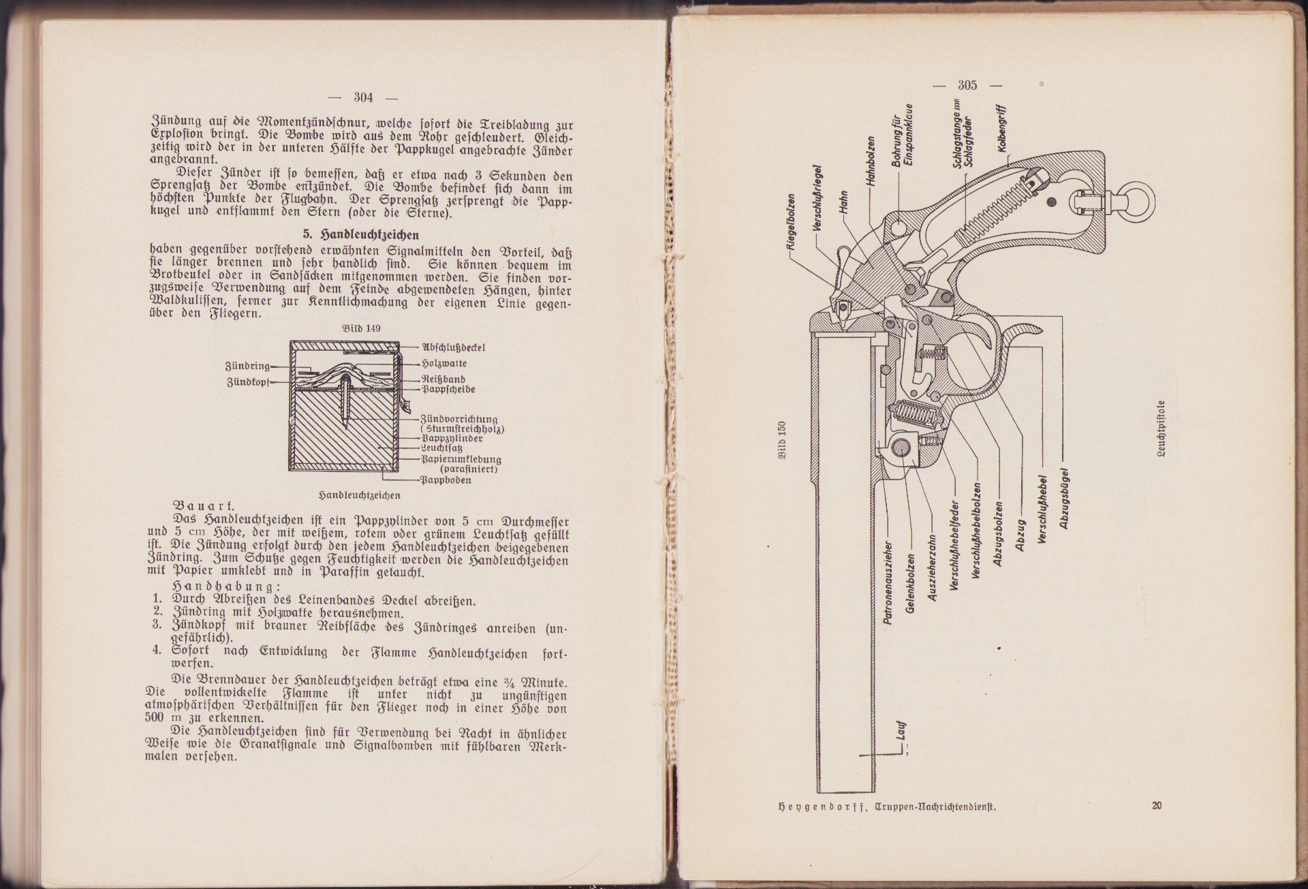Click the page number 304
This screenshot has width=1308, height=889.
(363, 97)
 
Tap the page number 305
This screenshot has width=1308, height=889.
(967, 85)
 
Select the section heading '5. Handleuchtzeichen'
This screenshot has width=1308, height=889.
(360, 234)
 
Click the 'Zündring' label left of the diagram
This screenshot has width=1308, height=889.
(247, 366)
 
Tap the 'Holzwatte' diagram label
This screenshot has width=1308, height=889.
(444, 363)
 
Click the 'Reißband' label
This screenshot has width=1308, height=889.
(443, 379)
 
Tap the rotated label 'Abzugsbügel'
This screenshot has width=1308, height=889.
(1065, 497)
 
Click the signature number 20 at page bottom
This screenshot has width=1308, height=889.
(1156, 807)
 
